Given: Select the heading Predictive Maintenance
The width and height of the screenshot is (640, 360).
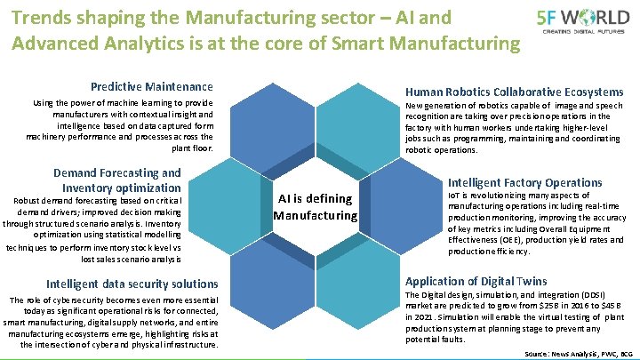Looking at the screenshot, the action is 152,86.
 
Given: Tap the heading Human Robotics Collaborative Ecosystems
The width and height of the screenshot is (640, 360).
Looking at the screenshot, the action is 514,92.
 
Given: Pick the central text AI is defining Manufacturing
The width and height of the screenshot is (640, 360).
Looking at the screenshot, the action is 316,206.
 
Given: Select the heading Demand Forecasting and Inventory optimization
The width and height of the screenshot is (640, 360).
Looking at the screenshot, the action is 117,180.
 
